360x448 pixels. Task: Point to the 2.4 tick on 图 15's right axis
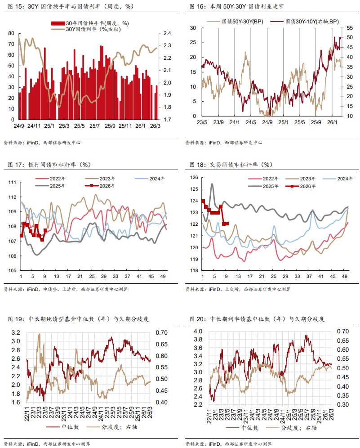(167, 34)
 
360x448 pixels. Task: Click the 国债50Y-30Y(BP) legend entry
(243, 21)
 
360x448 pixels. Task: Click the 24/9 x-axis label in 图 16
(267, 122)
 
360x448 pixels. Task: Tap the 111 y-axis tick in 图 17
(13, 182)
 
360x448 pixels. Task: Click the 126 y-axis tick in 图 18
(194, 178)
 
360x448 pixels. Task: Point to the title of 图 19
(78, 319)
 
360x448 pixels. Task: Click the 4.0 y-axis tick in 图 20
(197, 332)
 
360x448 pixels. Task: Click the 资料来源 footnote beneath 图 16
(223, 143)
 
